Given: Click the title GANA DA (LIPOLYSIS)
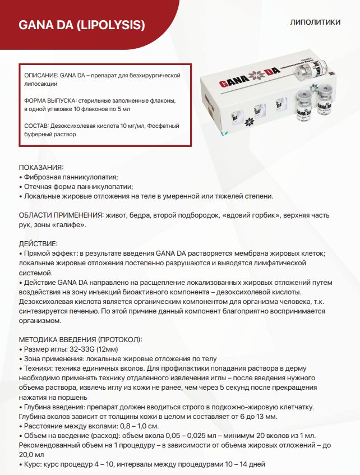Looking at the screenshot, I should tap(82, 25).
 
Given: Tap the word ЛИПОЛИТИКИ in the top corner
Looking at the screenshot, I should tap(316, 23).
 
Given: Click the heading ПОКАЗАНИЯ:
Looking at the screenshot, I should tap(41, 167).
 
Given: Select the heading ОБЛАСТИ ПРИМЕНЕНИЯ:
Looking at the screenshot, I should tap(61, 215).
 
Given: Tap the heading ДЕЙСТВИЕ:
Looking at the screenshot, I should tap(38, 244).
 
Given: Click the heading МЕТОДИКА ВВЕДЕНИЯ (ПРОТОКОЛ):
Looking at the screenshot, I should tap(81, 339).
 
